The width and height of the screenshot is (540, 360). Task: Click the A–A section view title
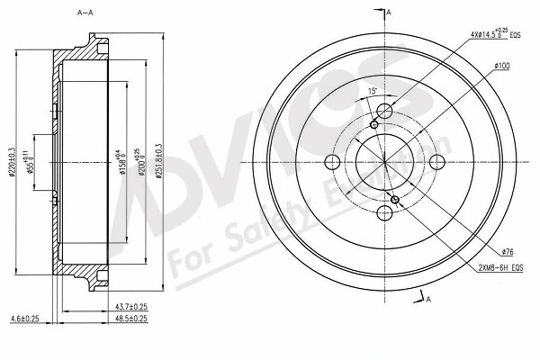tap(87, 12)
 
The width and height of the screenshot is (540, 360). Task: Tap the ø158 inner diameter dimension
tap(123, 155)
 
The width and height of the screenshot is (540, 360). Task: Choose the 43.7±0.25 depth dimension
tap(129, 307)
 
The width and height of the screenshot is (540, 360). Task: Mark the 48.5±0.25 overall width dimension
tap(129, 319)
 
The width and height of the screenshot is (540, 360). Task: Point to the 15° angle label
tap(373, 91)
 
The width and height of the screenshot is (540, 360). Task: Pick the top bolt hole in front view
tap(384, 111)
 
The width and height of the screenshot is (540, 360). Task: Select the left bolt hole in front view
tap(331, 162)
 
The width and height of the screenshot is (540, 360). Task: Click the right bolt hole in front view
tap(437, 162)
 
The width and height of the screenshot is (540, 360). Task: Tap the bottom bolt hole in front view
tap(384, 213)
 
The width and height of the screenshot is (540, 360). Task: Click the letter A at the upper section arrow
tap(389, 13)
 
